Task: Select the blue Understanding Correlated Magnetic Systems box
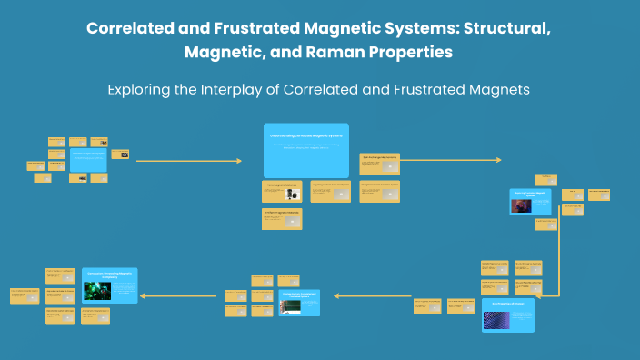(305, 150)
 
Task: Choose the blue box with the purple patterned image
(507, 314)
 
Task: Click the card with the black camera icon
(120, 155)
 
